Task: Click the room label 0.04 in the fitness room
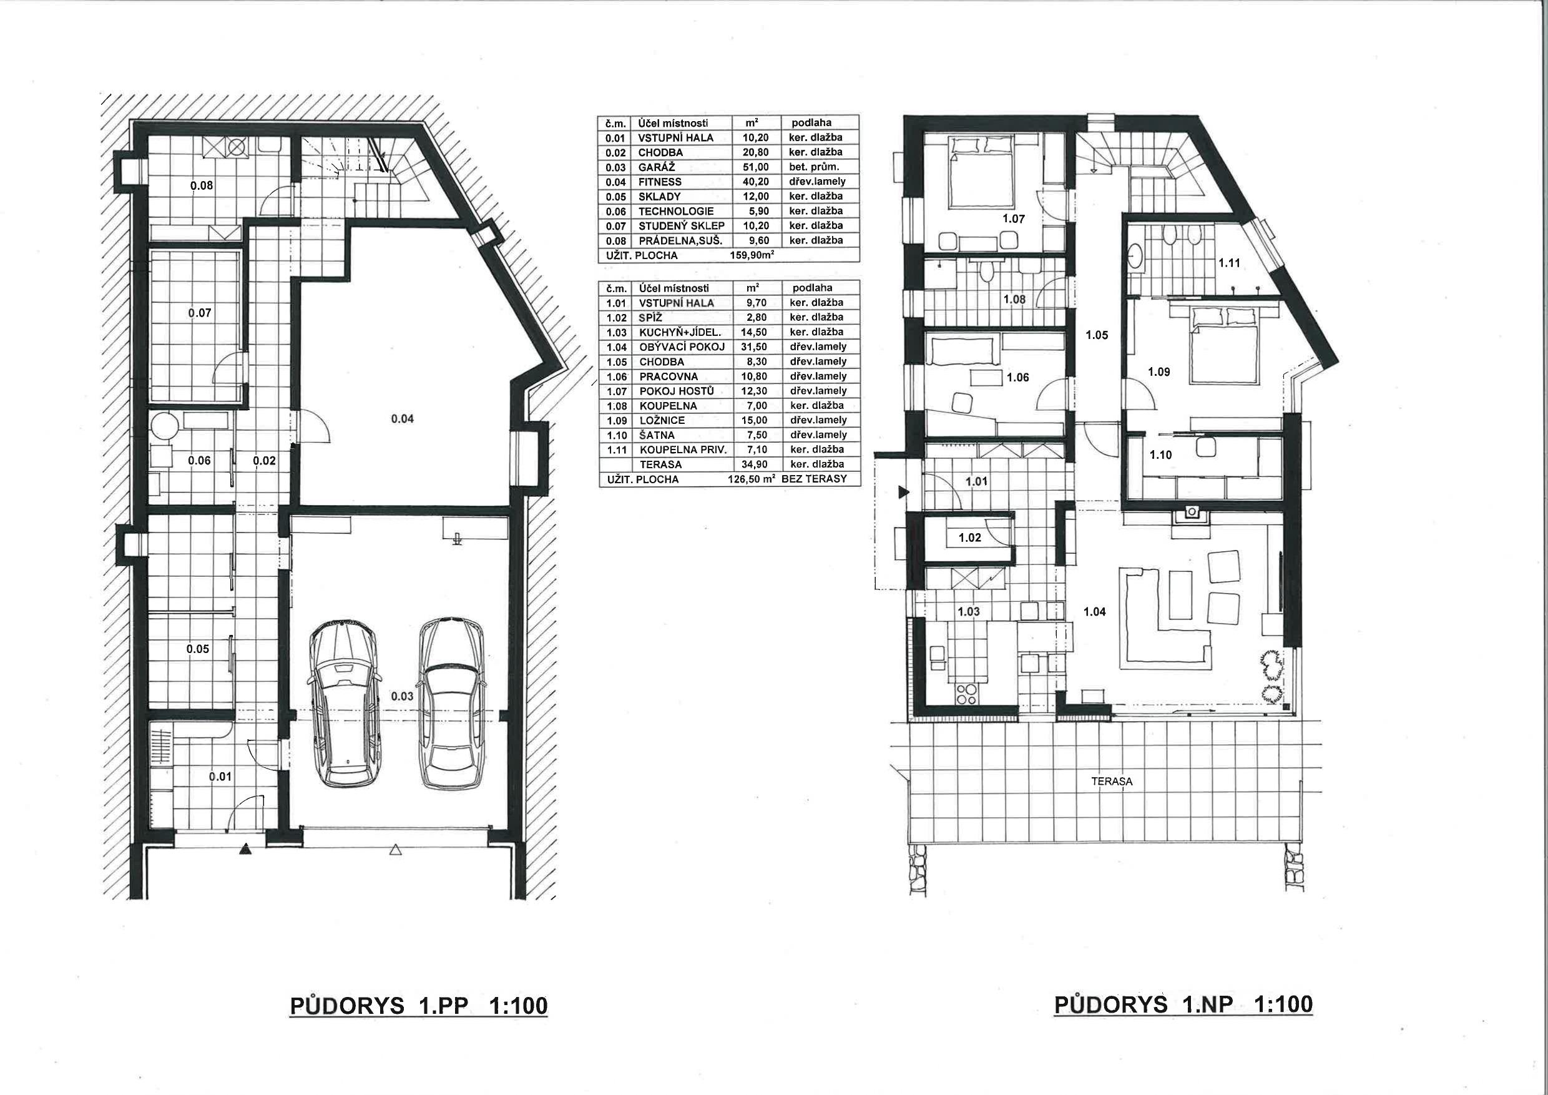pos(403,419)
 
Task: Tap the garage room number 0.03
pos(402,696)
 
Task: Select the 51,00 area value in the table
pos(755,167)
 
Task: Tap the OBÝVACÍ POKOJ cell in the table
pos(682,346)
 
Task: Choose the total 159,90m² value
pos(752,255)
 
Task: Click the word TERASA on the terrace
pos(1112,782)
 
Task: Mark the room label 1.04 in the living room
pos(1094,612)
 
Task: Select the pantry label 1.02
pos(969,538)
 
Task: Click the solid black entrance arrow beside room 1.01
pos(903,493)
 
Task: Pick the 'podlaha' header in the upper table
pos(811,123)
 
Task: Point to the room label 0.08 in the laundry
pos(202,185)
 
